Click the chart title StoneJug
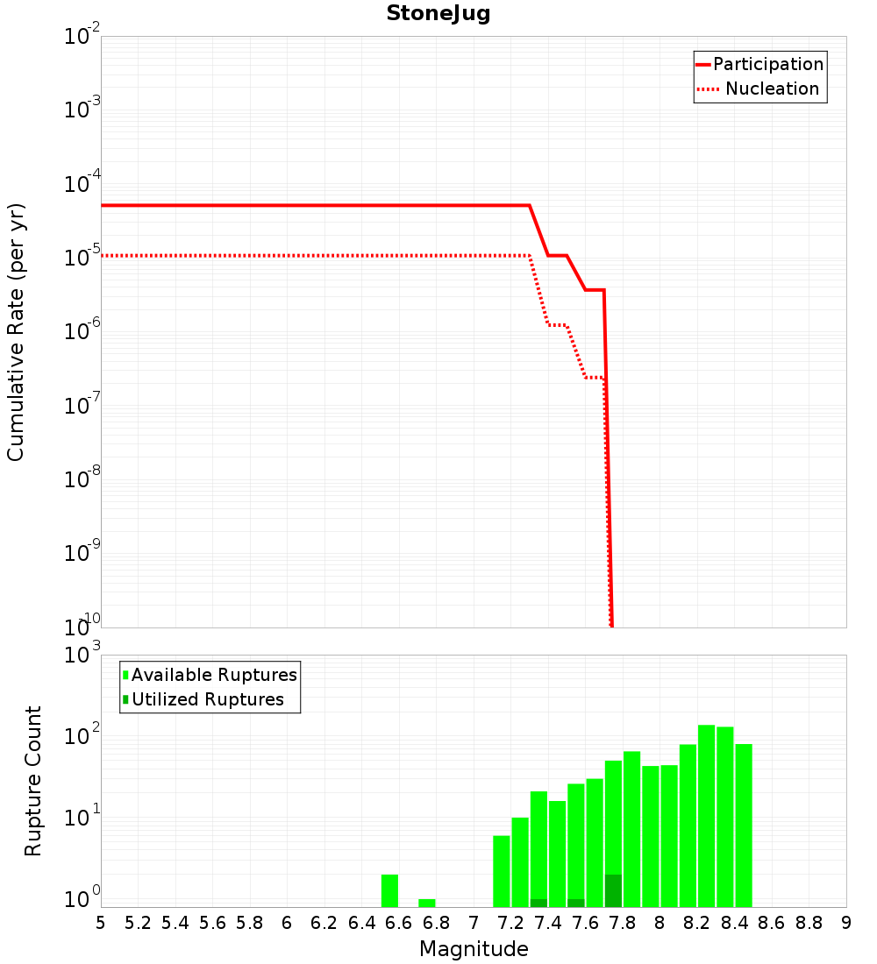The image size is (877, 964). click(438, 14)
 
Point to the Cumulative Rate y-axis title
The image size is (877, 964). click(16, 331)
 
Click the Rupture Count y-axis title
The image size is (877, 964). click(33, 781)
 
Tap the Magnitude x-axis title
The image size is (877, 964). click(474, 949)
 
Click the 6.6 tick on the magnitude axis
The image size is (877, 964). click(399, 923)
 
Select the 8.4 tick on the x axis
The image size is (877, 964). click(735, 923)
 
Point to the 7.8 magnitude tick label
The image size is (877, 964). click(623, 923)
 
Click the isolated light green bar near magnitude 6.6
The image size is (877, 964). click(390, 890)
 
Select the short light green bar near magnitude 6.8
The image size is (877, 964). click(427, 903)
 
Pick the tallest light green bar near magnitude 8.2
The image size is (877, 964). click(706, 815)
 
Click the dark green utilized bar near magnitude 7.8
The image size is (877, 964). click(613, 890)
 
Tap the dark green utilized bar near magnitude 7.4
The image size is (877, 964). click(538, 903)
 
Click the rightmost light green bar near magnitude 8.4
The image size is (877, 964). click(744, 824)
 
